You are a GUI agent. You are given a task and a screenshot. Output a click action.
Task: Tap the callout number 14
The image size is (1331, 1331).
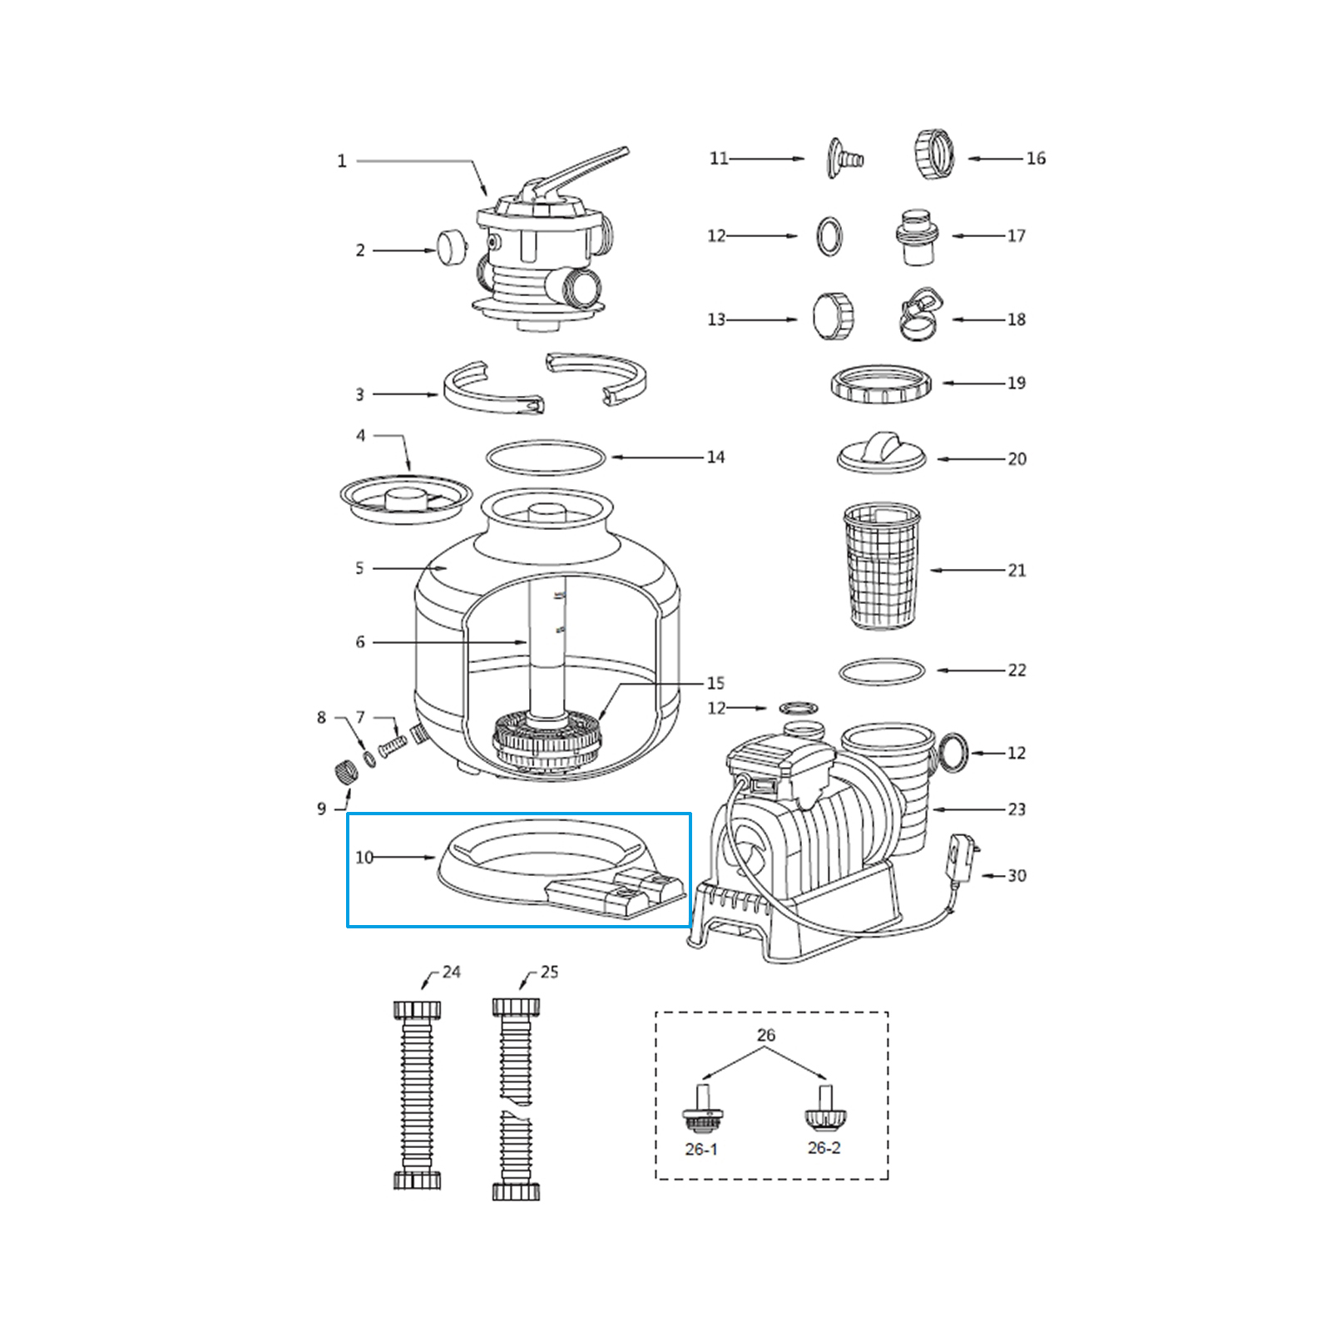point(715,457)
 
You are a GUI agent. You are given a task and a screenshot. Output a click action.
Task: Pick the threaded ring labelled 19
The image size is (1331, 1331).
point(881,383)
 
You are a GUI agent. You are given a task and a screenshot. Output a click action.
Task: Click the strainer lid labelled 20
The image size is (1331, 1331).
point(881,453)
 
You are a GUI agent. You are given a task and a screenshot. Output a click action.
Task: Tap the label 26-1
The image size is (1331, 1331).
point(700,1149)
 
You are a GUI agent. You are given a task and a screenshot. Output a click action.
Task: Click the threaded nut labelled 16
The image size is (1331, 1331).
point(934,155)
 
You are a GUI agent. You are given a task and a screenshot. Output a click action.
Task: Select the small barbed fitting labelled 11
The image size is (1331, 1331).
point(842,157)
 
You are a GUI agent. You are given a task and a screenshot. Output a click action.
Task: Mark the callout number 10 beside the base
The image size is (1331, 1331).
point(364,857)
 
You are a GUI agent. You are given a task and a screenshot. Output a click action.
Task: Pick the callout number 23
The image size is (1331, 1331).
point(1017,809)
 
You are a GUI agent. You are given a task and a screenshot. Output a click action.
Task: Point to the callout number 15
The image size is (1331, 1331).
point(715,683)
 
